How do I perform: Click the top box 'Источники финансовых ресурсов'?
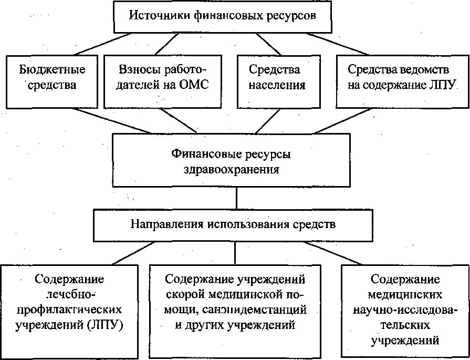pyautogui.click(x=223, y=16)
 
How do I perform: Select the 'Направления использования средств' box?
pyautogui.click(x=233, y=224)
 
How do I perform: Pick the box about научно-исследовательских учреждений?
pyautogui.click(x=404, y=310)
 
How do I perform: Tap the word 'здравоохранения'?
pyautogui.click(x=231, y=170)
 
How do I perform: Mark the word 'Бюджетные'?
pyautogui.click(x=52, y=69)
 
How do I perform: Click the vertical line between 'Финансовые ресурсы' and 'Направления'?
pyautogui.click(x=237, y=199)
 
